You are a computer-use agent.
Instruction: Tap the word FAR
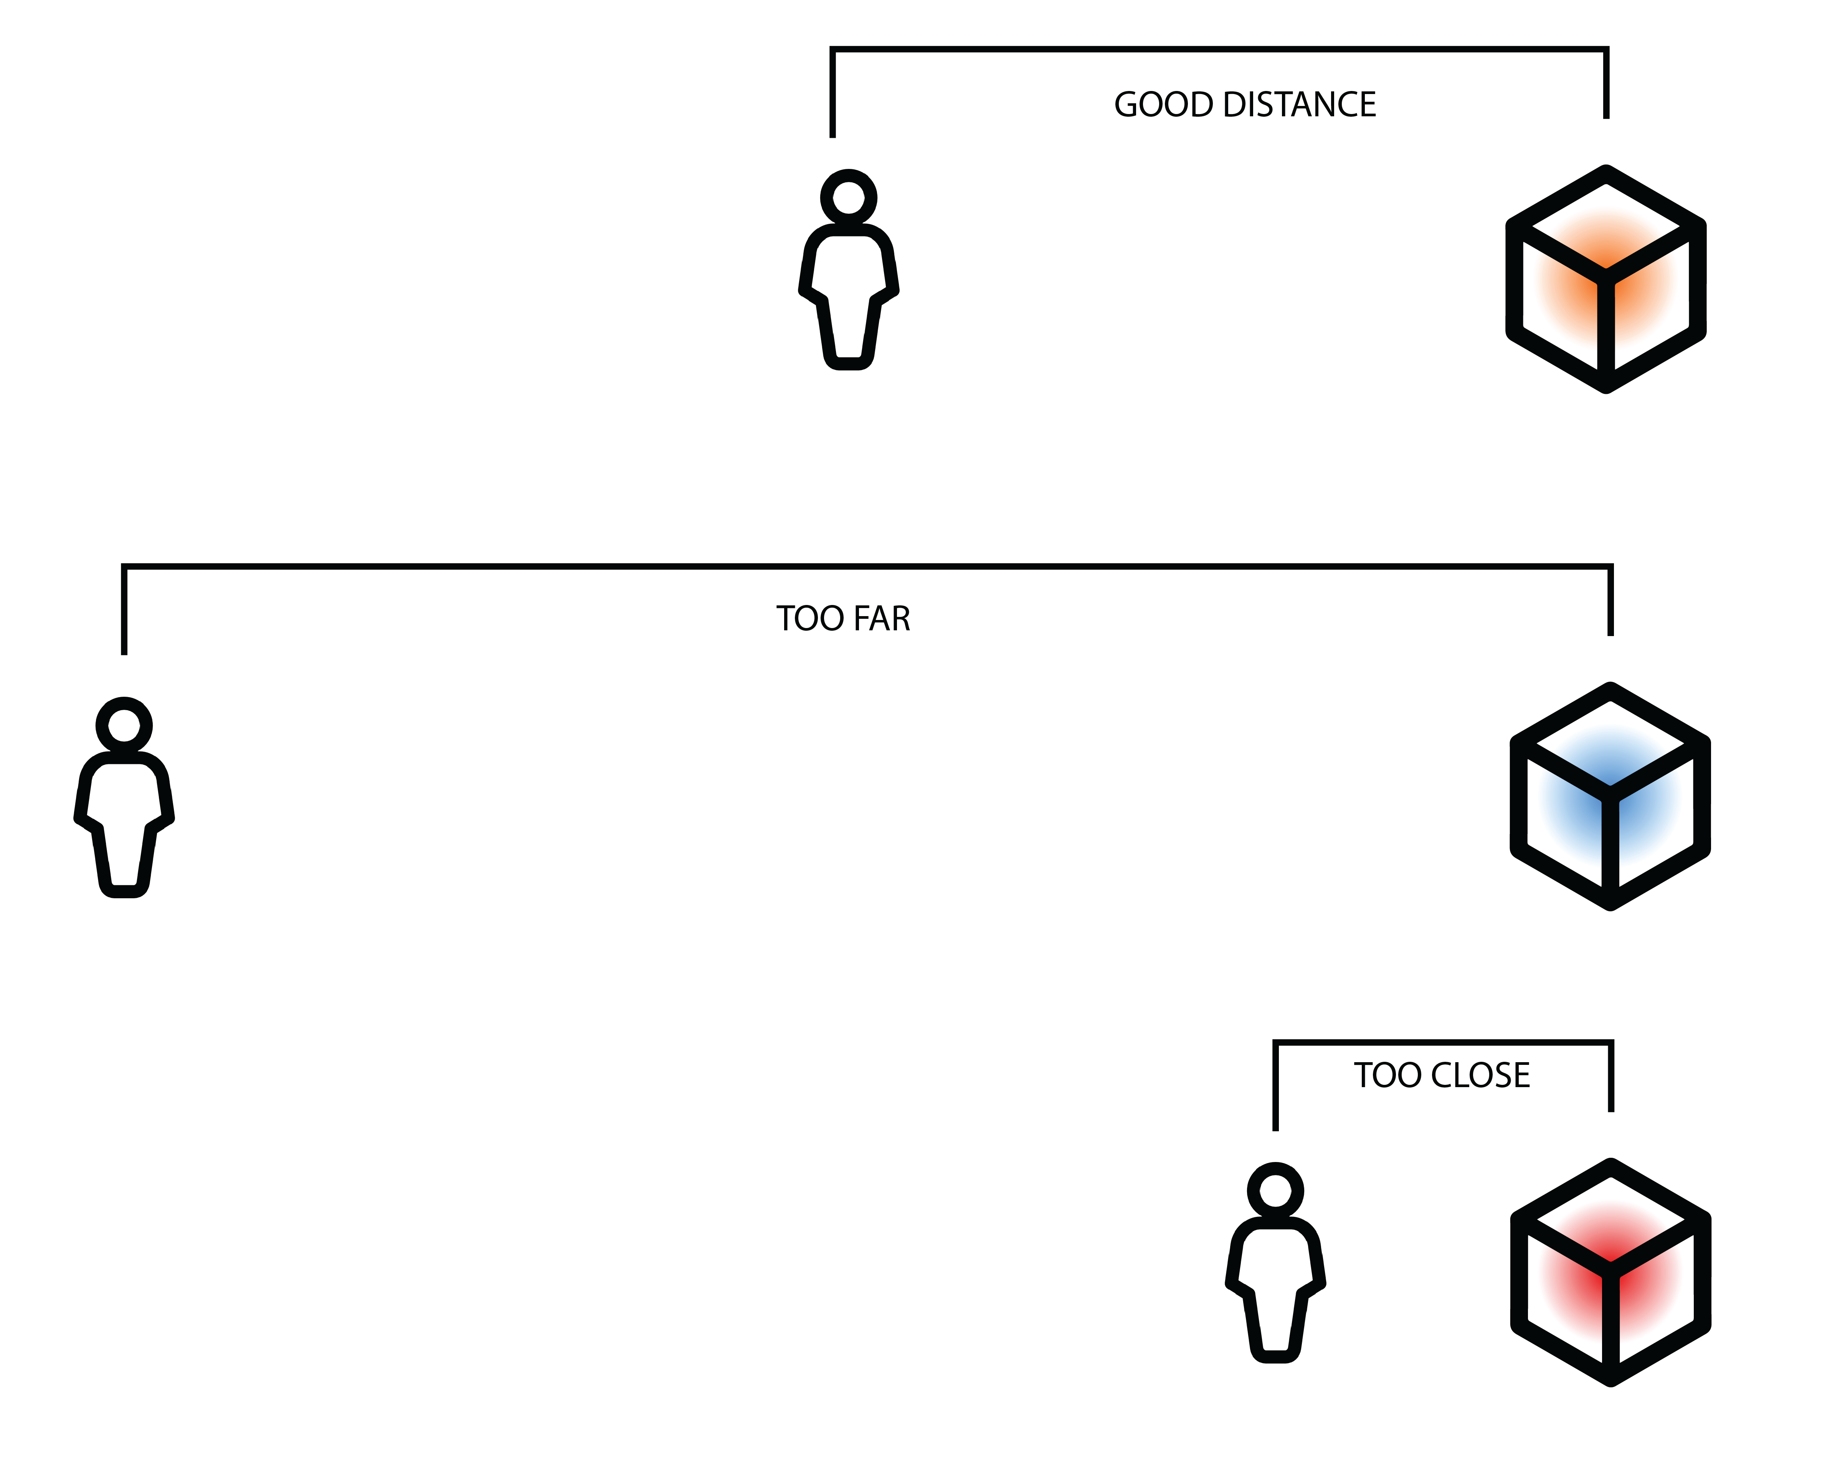pos(881,619)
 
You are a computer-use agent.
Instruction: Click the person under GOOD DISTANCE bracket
pos(848,283)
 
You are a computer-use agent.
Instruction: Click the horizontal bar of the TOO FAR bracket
pos(856,565)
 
